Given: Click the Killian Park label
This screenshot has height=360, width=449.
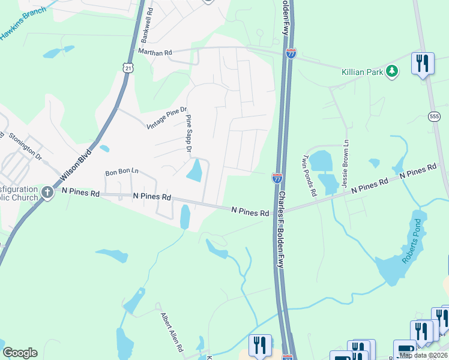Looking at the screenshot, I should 363,72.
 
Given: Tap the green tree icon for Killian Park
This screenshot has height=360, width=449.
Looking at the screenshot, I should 392,72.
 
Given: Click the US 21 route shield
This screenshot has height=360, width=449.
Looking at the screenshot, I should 128,68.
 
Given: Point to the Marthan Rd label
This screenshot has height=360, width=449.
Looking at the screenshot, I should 155,52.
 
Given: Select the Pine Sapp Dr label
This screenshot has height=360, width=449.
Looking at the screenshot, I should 188,133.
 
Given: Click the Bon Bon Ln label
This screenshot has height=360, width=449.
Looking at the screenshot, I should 122,172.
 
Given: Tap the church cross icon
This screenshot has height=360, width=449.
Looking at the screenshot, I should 48,193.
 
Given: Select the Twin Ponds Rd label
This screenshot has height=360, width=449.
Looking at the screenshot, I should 309,176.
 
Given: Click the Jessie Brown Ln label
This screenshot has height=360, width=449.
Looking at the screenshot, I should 346,164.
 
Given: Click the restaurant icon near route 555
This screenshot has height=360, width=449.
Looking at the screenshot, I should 423,63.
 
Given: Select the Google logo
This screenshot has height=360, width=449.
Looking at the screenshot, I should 20,353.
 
